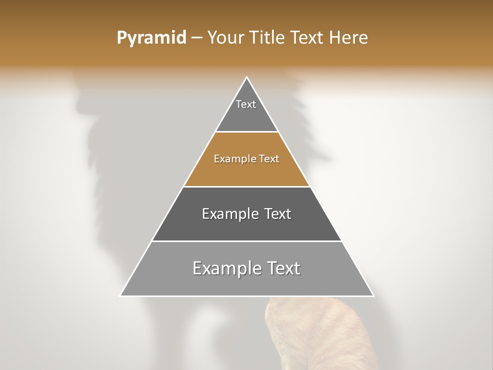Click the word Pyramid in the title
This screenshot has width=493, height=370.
click(x=151, y=38)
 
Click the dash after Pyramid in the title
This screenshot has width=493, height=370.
click(x=197, y=38)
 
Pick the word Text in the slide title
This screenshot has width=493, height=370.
click(x=308, y=38)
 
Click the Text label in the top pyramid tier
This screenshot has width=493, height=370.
click(x=246, y=104)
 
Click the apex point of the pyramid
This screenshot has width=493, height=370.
click(x=247, y=78)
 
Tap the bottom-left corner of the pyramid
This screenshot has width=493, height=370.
click(x=121, y=295)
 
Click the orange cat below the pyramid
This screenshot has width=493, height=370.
click(x=313, y=334)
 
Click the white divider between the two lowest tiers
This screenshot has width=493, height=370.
click(x=246, y=241)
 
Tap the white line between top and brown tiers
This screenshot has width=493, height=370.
click(x=246, y=132)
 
